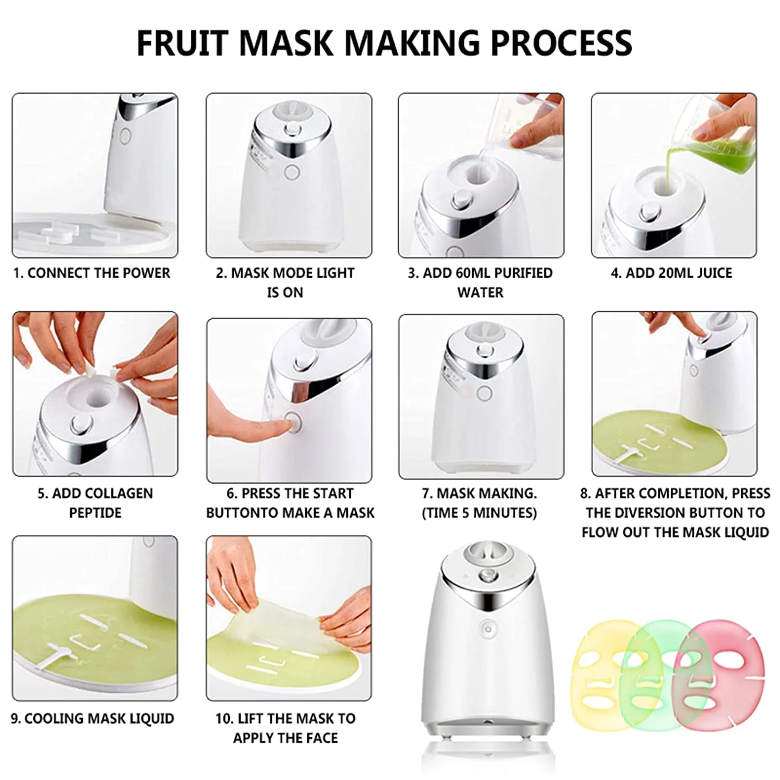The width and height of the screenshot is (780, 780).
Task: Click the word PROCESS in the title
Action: (562, 43)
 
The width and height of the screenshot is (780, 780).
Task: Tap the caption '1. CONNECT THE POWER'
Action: (92, 273)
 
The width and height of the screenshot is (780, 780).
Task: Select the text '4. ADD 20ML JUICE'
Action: (671, 273)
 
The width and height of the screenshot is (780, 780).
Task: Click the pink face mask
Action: (721, 675)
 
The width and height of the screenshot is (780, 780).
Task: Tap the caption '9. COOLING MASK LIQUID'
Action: (93, 719)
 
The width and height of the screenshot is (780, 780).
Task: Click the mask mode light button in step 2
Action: (292, 172)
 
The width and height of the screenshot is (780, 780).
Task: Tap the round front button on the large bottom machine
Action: (488, 628)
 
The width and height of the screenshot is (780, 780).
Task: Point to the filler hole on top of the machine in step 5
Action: (95, 397)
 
